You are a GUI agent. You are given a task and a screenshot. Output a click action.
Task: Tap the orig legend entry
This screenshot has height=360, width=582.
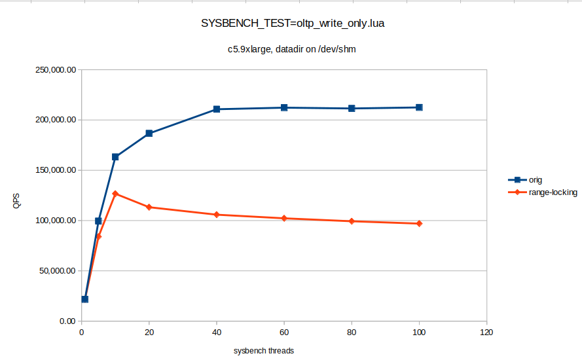536,179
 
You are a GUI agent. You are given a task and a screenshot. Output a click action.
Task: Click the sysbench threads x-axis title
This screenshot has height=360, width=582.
264,351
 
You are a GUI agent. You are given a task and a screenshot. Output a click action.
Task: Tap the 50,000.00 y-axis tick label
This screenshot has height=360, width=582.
57,271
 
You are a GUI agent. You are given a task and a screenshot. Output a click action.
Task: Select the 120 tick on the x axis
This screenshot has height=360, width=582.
486,333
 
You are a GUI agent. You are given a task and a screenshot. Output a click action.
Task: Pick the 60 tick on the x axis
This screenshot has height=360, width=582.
284,333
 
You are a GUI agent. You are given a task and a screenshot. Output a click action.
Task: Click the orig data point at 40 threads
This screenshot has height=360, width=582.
217,109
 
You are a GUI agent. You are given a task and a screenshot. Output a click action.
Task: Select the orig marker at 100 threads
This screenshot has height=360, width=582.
419,107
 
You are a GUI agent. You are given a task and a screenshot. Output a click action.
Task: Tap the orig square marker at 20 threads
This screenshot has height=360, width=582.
149,134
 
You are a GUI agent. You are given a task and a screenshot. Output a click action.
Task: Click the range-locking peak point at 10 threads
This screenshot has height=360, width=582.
115,194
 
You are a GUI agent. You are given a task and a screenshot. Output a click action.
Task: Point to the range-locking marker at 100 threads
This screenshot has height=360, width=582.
419,224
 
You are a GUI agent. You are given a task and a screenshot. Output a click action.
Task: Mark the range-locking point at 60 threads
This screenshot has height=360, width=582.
284,218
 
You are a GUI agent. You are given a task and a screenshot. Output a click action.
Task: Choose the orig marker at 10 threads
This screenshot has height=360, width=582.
115,157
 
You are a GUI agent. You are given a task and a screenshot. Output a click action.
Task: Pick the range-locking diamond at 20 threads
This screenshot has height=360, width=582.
149,207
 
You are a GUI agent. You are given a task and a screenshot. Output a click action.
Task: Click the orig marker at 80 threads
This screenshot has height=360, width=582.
352,109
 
